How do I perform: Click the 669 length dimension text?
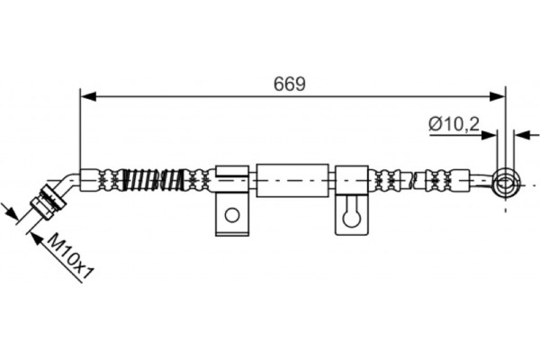(289, 84)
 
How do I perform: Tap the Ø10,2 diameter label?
(454, 124)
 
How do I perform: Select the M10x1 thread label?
(70, 256)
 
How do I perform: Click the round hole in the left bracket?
(232, 215)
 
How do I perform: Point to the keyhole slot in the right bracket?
(352, 214)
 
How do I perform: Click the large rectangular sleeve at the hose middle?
(292, 180)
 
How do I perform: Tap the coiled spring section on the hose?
(155, 179)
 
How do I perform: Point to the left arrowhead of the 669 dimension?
(87, 97)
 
